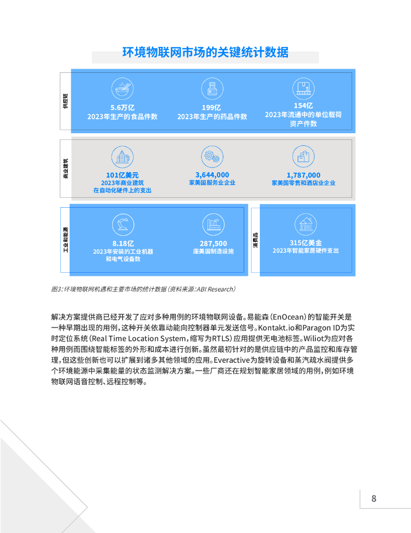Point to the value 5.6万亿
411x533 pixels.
[123, 108]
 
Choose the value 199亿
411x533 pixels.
[212, 108]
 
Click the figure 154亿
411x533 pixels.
[303, 105]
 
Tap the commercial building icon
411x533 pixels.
[123, 156]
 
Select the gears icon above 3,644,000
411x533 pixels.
[212, 156]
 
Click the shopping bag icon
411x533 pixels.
[303, 156]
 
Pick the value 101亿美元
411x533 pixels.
[123, 175]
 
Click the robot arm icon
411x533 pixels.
[123, 224]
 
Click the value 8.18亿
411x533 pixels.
[123, 243]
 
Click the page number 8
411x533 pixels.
[374, 499]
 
